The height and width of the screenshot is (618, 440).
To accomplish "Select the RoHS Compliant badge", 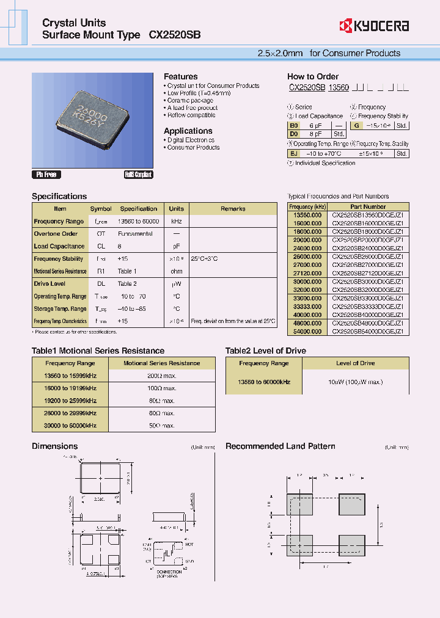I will click(x=138, y=175).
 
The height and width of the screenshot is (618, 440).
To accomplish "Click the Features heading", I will click(x=180, y=76).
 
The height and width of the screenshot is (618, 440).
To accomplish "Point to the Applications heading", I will click(x=188, y=131).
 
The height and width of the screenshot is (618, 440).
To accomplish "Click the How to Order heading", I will click(x=313, y=76).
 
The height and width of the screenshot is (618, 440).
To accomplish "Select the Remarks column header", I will click(x=233, y=209).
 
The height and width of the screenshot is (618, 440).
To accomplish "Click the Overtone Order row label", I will click(x=56, y=234).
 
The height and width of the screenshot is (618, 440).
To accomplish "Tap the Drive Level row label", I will click(x=50, y=284).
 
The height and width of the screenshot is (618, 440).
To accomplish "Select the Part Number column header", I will click(x=367, y=207).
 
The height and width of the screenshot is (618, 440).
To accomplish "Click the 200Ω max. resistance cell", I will click(x=162, y=375).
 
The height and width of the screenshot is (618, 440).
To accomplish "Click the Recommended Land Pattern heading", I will click(x=280, y=446).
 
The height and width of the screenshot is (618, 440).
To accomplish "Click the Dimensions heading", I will click(x=56, y=446).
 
